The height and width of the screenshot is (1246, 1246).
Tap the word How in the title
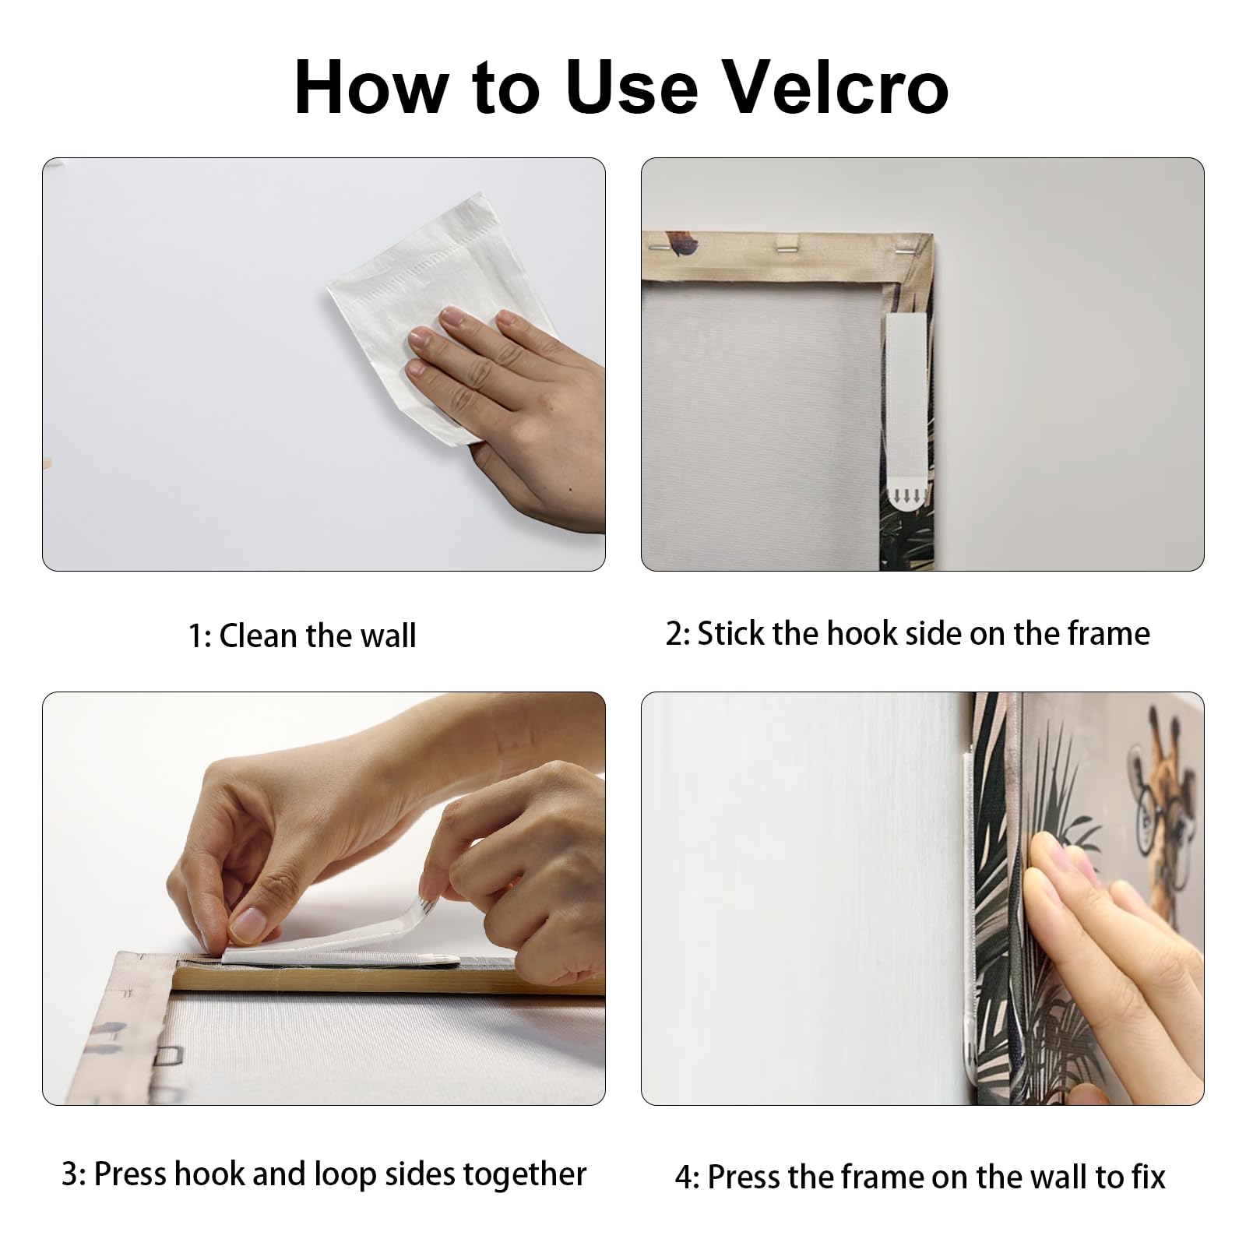370,87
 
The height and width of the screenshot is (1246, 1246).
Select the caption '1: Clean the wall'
302,636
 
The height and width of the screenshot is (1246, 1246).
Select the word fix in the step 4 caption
1149,1177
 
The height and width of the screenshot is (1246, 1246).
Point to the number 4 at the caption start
682,1177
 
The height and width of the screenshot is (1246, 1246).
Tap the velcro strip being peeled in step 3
343,939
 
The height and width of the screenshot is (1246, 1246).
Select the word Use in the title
632,87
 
